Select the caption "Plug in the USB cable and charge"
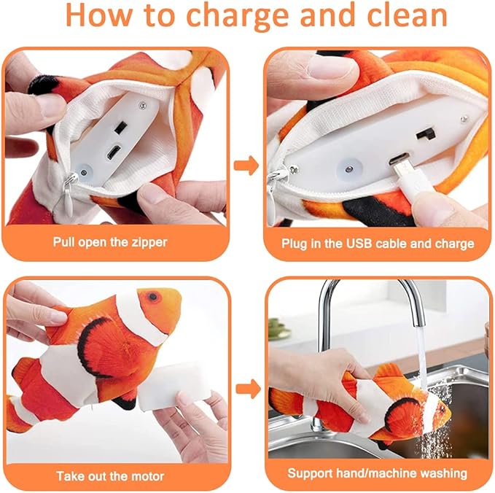point(378,243)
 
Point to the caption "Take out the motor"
point(114,475)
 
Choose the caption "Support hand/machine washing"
point(378,474)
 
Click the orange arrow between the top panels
point(248,166)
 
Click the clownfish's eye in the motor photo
point(152,298)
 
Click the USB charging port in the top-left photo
point(114,154)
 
